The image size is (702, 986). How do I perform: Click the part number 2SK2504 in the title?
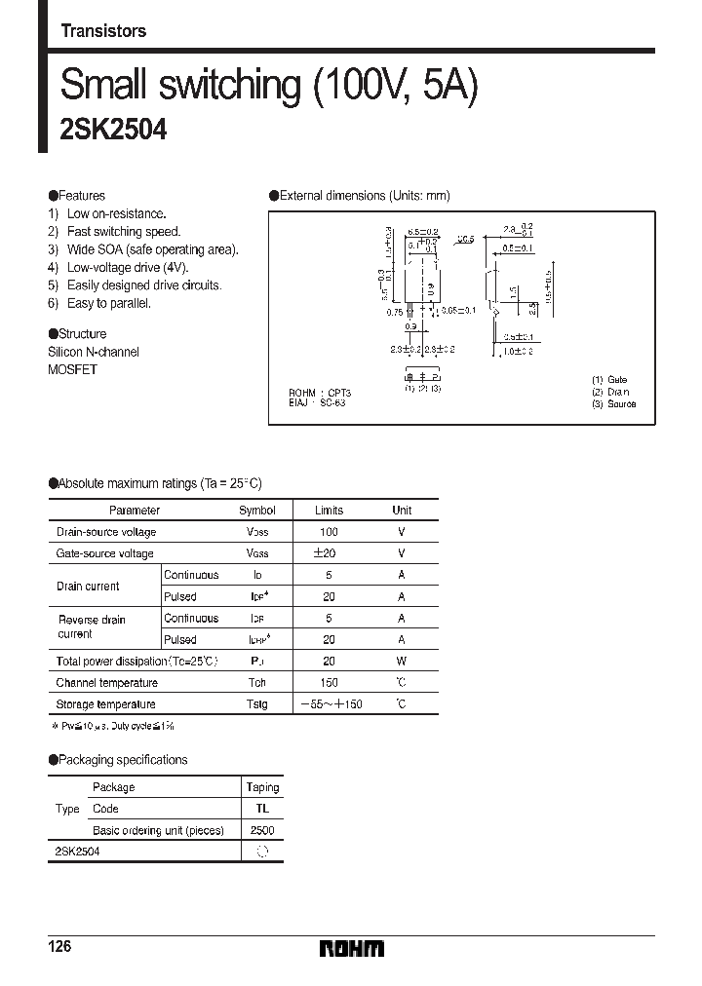113,132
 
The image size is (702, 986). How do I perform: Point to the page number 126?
60,947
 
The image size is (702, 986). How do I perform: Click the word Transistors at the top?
103,31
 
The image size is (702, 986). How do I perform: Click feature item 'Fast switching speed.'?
123,232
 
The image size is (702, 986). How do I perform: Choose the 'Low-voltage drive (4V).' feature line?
127,268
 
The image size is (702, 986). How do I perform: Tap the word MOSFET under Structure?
72,370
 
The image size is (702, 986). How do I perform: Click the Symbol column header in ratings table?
257,510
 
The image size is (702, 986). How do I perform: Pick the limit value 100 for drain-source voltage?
329,532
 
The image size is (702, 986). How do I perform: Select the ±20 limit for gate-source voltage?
329,553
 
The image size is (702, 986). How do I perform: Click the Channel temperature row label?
106,683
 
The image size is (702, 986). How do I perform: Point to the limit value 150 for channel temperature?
329,683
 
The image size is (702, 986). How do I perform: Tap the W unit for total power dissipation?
401,662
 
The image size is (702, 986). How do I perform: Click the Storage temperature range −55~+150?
330,704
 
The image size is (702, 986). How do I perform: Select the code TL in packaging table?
262,809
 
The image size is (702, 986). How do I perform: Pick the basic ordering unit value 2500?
262,830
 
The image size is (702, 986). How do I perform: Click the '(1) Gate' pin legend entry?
609,380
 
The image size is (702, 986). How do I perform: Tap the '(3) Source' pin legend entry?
613,403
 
